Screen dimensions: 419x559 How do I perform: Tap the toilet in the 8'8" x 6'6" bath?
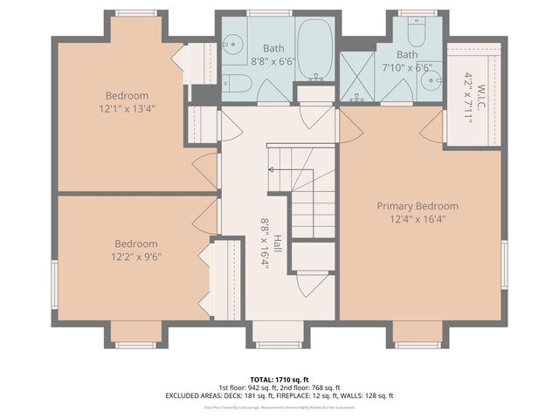tap(236, 85)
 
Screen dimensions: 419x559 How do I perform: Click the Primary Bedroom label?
tap(417, 206)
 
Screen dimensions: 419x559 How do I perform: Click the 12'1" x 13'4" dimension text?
tap(127, 109)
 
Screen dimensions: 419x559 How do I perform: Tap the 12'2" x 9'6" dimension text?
tap(136, 257)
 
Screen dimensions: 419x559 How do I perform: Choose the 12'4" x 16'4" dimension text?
tap(417, 220)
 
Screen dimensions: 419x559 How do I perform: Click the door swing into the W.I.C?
tap(431, 130)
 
